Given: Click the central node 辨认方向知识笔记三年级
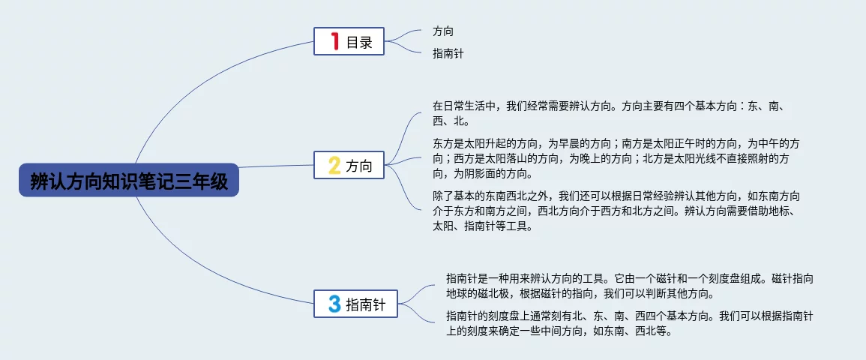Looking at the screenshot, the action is (x=129, y=180).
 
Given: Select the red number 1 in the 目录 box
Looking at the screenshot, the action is (x=334, y=41).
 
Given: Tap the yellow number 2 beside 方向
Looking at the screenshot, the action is (x=334, y=165).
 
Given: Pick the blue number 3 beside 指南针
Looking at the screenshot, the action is (x=334, y=304).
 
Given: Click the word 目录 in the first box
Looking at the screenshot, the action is (x=360, y=42).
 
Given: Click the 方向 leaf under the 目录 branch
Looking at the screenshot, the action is (x=443, y=31).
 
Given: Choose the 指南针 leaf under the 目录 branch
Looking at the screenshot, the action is (x=448, y=53).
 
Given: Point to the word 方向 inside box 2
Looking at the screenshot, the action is (x=360, y=166).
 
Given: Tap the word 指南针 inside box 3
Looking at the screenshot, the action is (x=366, y=304).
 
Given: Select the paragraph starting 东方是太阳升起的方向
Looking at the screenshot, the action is (x=616, y=159).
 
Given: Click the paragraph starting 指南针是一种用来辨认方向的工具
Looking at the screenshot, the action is (x=630, y=285).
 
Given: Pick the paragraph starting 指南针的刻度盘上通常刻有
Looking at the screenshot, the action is (x=630, y=323).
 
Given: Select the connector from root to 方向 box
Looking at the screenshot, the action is (x=276, y=166).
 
